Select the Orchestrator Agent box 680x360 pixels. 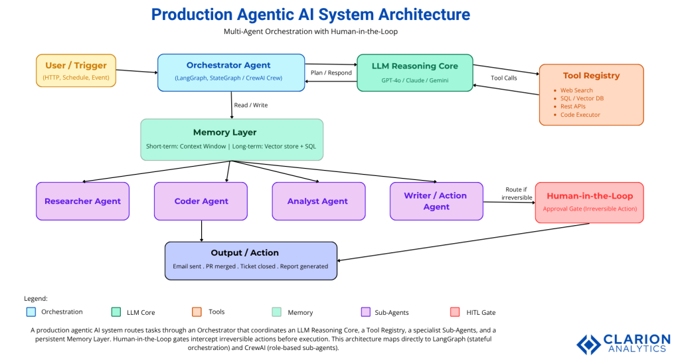[228, 72]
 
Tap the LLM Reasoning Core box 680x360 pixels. [415, 72]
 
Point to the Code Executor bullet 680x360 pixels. [580, 115]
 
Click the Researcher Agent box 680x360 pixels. [82, 201]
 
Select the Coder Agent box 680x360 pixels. [201, 201]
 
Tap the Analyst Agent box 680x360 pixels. [318, 201]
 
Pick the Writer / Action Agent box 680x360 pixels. [436, 201]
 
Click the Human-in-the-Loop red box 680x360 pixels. [589, 202]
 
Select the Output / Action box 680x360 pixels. [251, 260]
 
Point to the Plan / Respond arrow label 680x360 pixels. [331, 72]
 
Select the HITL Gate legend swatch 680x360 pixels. [456, 312]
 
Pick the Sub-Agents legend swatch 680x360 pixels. [365, 312]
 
